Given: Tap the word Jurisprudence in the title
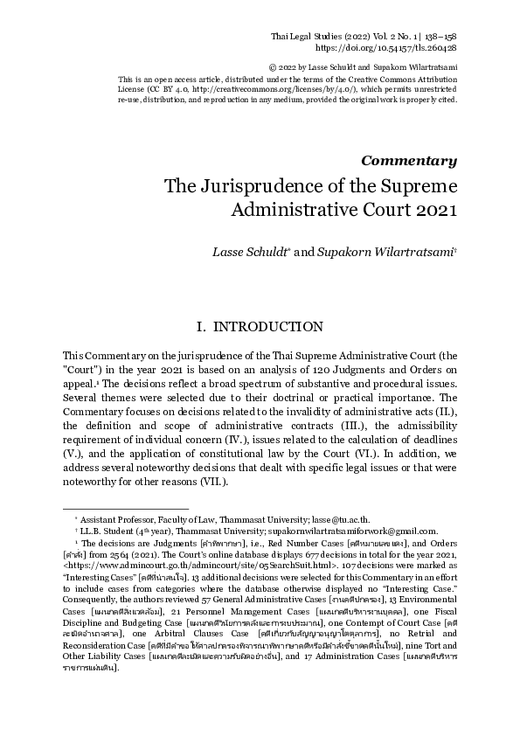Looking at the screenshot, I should click(262, 187).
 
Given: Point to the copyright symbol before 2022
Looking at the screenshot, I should click(298, 66).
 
